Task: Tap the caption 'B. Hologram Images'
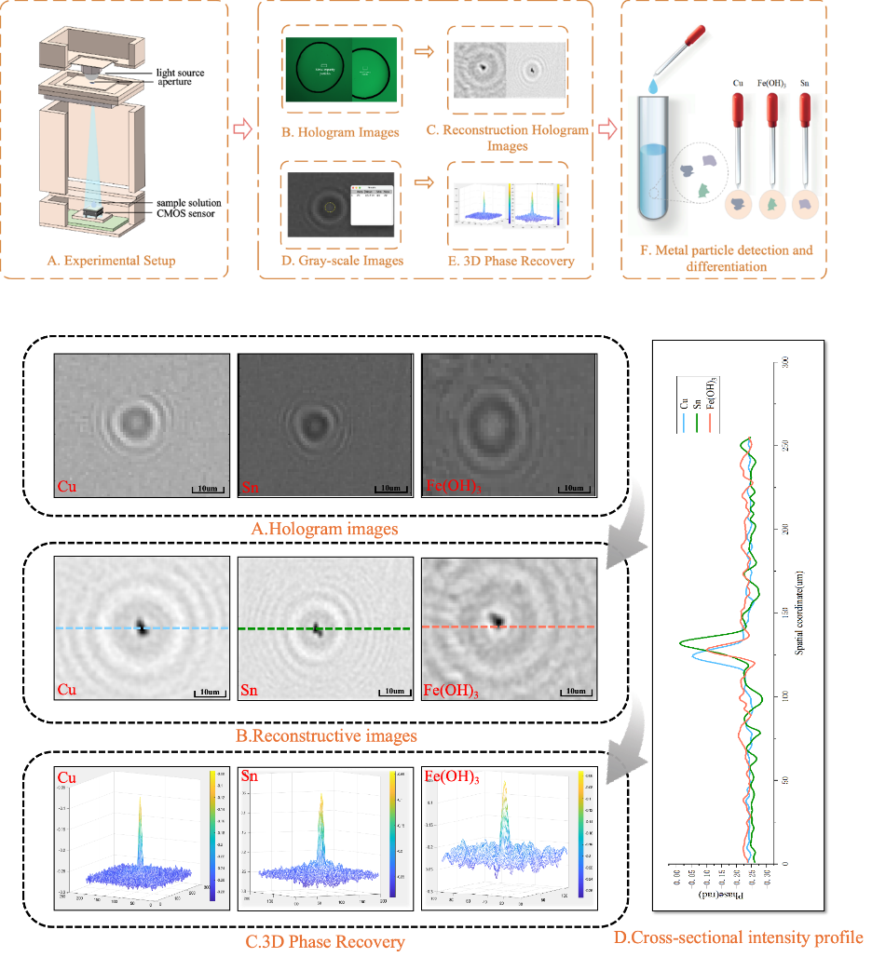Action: pyautogui.click(x=340, y=132)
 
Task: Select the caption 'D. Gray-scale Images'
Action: pyautogui.click(x=343, y=261)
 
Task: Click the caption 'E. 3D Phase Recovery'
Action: pyautogui.click(x=509, y=261)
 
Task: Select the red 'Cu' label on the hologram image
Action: pyautogui.click(x=67, y=486)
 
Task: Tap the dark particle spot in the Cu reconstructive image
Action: pyautogui.click(x=141, y=627)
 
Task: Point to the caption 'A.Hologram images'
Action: pyautogui.click(x=324, y=529)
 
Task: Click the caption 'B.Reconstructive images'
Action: pyautogui.click(x=326, y=735)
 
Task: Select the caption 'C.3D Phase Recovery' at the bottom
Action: pyautogui.click(x=325, y=942)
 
